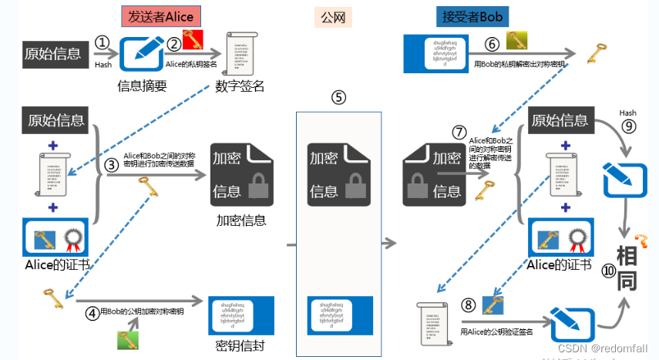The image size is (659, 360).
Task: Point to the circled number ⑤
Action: coord(338,98)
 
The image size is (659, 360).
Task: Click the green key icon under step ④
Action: coord(127,340)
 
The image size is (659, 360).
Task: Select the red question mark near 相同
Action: coord(639,241)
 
